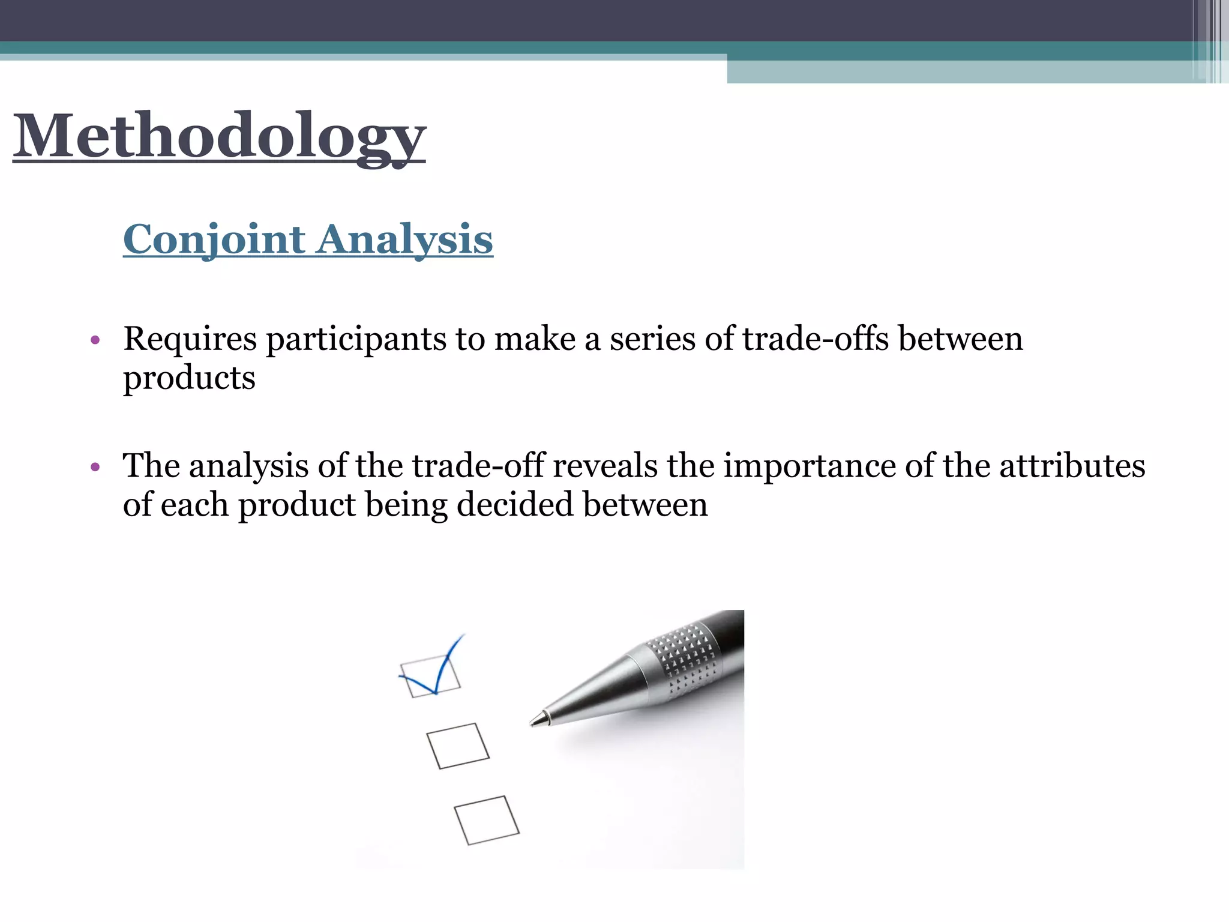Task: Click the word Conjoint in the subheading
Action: pyautogui.click(x=214, y=240)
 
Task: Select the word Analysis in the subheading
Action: pyautogui.click(x=405, y=240)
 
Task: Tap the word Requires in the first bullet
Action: pyautogui.click(x=190, y=339)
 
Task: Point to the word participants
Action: pyautogui.click(x=356, y=340)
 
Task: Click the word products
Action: pyautogui.click(x=189, y=379)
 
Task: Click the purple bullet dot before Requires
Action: pyautogui.click(x=95, y=341)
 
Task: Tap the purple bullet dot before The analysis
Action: pyautogui.click(x=95, y=467)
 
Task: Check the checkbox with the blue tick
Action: pyautogui.click(x=430, y=676)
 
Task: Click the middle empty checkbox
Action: pyautogui.click(x=458, y=746)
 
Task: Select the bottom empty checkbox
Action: pyautogui.click(x=487, y=820)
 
